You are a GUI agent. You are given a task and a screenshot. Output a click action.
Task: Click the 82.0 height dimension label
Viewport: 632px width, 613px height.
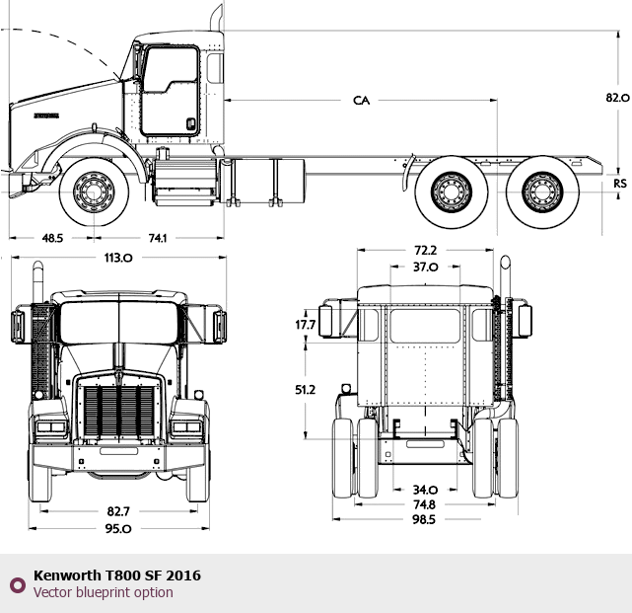pyautogui.click(x=617, y=97)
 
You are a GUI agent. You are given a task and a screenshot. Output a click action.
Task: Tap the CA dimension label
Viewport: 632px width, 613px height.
pyautogui.click(x=361, y=101)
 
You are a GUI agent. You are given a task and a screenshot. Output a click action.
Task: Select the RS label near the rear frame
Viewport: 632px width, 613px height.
pyautogui.click(x=619, y=184)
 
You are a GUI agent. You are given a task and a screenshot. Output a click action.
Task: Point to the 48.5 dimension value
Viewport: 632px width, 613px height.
pyautogui.click(x=52, y=238)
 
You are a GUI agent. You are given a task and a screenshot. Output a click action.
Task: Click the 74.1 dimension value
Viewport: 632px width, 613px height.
pyautogui.click(x=157, y=238)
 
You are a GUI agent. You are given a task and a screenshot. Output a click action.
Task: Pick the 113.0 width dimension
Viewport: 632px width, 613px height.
pyautogui.click(x=117, y=258)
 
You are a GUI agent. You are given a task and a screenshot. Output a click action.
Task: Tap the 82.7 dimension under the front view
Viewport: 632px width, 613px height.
pyautogui.click(x=117, y=510)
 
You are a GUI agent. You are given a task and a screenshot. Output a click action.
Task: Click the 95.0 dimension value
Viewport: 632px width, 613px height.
pyautogui.click(x=117, y=528)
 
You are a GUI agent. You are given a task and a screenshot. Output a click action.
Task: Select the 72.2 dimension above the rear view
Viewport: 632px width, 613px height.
pyautogui.click(x=425, y=251)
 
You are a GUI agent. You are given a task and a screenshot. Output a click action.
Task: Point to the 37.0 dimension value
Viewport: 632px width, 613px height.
pyautogui.click(x=425, y=267)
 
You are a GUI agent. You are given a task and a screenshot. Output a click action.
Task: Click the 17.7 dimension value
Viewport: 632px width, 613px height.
pyautogui.click(x=306, y=325)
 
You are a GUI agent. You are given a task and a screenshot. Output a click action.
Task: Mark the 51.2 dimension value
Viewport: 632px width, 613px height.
pyautogui.click(x=305, y=390)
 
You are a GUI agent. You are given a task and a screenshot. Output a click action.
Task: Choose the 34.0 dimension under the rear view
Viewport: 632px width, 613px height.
pyautogui.click(x=425, y=490)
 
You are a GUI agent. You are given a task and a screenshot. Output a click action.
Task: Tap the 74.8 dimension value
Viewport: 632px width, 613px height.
pyautogui.click(x=425, y=503)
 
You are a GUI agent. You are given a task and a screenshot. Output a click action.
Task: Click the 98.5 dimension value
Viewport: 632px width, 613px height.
pyautogui.click(x=425, y=519)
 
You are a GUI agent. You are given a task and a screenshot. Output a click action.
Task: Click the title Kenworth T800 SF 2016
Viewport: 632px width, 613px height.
pyautogui.click(x=116, y=575)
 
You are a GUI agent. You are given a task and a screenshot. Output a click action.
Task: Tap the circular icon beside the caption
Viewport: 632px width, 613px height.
pyautogui.click(x=17, y=584)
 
